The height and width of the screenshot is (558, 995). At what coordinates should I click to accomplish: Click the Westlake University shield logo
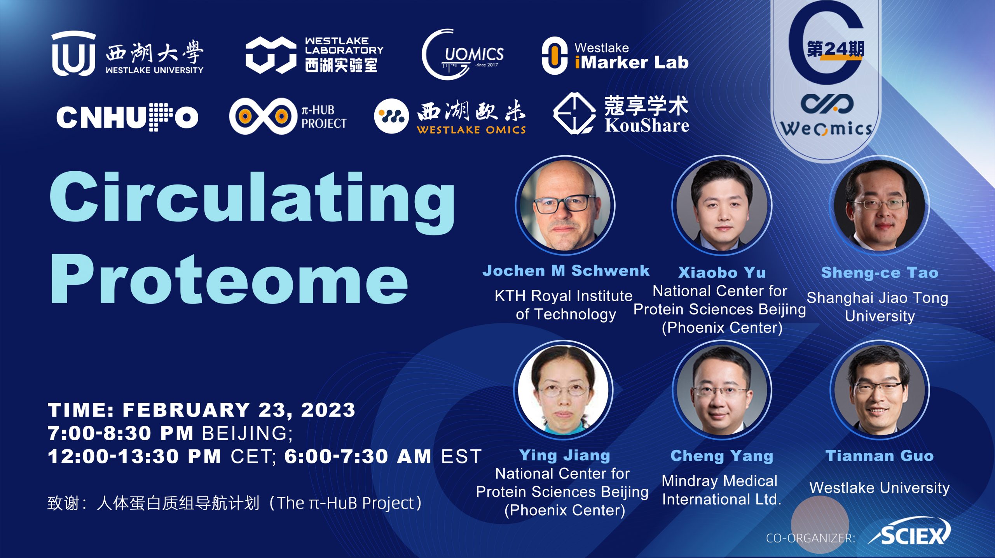tap(73, 53)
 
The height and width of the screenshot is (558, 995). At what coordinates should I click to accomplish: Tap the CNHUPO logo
tap(127, 117)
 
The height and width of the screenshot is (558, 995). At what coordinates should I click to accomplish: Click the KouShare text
tap(647, 125)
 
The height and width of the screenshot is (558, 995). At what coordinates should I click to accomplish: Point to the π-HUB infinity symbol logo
tap(263, 116)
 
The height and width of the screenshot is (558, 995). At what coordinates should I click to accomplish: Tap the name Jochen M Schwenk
tap(566, 270)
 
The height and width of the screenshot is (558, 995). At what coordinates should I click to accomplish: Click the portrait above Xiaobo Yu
tap(722, 205)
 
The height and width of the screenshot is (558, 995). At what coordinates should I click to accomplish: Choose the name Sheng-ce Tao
tap(880, 272)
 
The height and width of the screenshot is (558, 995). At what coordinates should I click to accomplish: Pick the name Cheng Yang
tap(722, 456)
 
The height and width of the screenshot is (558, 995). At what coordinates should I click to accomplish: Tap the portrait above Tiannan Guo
tap(880, 390)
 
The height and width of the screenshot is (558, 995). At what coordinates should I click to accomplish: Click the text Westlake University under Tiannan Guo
tap(880, 488)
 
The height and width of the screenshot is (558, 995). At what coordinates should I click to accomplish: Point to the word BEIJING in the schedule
tap(247, 433)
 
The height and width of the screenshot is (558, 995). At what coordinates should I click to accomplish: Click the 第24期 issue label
tap(836, 49)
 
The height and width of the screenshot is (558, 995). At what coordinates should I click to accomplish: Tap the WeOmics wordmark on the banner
tap(826, 128)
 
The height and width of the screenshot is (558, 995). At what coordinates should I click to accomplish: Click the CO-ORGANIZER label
tap(810, 538)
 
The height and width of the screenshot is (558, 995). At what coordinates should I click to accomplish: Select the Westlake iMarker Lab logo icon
tap(555, 56)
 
